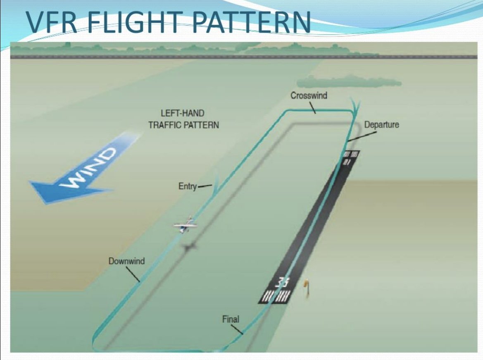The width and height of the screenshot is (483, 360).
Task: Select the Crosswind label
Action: [309, 95]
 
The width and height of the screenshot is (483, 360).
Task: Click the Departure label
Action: [381, 124]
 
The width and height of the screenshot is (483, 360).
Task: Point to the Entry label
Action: [187, 186]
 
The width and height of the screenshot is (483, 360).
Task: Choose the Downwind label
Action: [126, 261]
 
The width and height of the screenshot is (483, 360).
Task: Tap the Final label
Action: [231, 319]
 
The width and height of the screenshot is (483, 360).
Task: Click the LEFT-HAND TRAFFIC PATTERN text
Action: [183, 119]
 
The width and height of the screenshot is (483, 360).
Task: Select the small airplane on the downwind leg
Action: [186, 225]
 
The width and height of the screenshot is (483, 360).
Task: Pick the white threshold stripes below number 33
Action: [275, 296]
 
